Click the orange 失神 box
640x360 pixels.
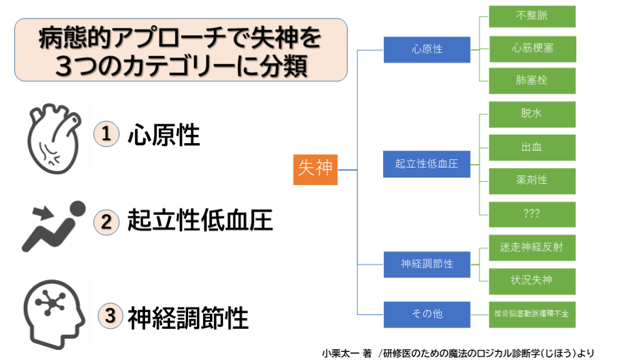coord(315,169)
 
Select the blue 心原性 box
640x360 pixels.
coord(427,49)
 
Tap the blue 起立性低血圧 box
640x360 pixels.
coord(427,164)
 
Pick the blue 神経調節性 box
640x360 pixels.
coord(427,264)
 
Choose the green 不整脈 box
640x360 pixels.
coord(532,16)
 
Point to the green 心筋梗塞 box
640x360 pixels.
coord(532,48)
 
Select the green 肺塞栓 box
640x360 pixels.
coord(532,81)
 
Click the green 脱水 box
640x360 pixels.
coord(532,114)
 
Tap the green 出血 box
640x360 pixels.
coord(532,147)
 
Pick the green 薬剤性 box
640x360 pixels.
coord(532,180)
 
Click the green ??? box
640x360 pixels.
coord(532,214)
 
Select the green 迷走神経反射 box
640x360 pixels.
coord(532,247)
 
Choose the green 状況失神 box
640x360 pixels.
coord(532,280)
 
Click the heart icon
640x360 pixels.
coord(54,137)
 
